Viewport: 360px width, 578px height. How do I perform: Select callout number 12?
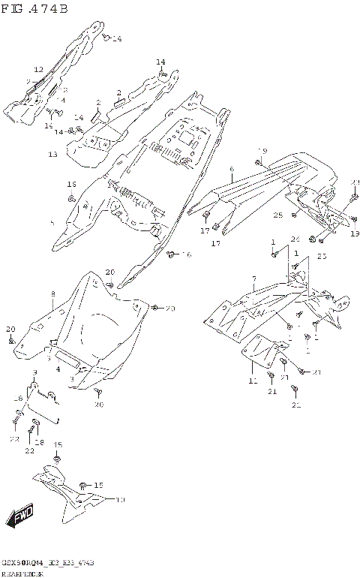(x=38, y=70)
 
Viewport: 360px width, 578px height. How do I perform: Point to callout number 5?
(x=52, y=223)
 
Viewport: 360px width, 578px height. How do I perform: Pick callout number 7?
(x=254, y=279)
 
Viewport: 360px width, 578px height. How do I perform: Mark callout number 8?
(x=52, y=294)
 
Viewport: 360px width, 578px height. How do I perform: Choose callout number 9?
(x=34, y=373)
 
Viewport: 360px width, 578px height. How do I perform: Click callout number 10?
(x=121, y=499)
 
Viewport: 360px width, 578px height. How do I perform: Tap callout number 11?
(x=253, y=381)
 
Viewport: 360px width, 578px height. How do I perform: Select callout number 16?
(x=187, y=256)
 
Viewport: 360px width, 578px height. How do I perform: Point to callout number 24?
(x=295, y=239)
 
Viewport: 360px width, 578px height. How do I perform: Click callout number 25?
(x=277, y=215)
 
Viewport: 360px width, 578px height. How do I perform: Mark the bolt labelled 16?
(x=171, y=254)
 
